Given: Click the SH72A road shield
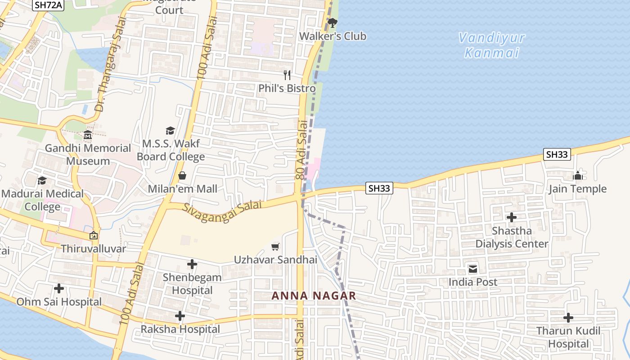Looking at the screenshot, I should (x=47, y=5).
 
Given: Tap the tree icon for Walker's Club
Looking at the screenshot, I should (x=333, y=22).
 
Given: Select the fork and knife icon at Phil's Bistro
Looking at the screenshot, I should (x=287, y=75).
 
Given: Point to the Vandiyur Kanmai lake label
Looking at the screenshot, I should (x=492, y=45).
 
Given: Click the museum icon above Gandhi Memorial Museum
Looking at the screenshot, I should (x=88, y=135).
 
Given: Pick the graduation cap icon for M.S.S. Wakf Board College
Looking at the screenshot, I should (x=170, y=130).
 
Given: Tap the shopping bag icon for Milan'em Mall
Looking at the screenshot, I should (x=182, y=175).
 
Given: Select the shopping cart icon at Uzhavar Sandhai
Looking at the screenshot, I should (x=275, y=246).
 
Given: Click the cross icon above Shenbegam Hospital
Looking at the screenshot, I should (x=192, y=264).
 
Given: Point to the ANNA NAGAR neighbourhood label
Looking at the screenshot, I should (x=314, y=296).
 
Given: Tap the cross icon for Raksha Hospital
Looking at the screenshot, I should (x=180, y=316).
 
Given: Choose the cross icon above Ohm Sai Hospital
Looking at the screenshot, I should (x=59, y=288).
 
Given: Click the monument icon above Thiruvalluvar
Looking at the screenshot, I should (x=94, y=235).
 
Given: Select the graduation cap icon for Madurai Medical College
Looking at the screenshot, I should (x=42, y=180).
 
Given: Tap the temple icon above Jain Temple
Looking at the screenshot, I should (x=578, y=175).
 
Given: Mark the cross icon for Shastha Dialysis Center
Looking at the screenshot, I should (x=512, y=217).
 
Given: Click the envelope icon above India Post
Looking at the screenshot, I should (x=473, y=269).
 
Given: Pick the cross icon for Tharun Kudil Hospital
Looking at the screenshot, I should (x=568, y=318).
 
